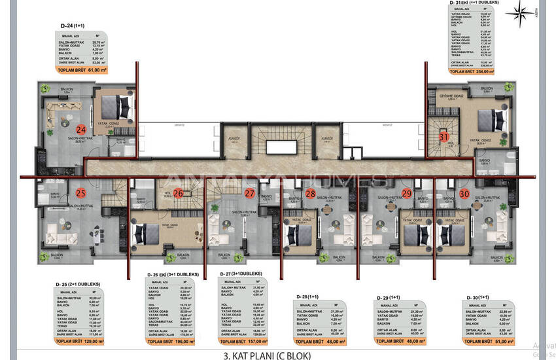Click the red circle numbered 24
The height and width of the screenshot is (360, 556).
(80, 129)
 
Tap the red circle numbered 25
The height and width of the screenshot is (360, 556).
(80, 192)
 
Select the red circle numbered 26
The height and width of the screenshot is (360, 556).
(177, 193)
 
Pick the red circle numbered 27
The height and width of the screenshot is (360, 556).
(249, 193)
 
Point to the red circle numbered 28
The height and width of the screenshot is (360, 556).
(311, 193)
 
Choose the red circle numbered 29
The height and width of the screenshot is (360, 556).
(407, 193)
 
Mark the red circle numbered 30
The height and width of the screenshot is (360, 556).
(464, 193)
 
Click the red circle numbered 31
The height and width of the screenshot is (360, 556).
(443, 137)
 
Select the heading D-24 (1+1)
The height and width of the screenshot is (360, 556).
(73, 26)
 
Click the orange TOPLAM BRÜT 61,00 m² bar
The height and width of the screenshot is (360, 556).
(81, 69)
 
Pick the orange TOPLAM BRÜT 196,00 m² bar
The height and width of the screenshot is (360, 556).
(171, 341)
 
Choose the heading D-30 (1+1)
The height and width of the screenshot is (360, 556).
(481, 297)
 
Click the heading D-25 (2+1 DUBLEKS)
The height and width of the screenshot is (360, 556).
(78, 283)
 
